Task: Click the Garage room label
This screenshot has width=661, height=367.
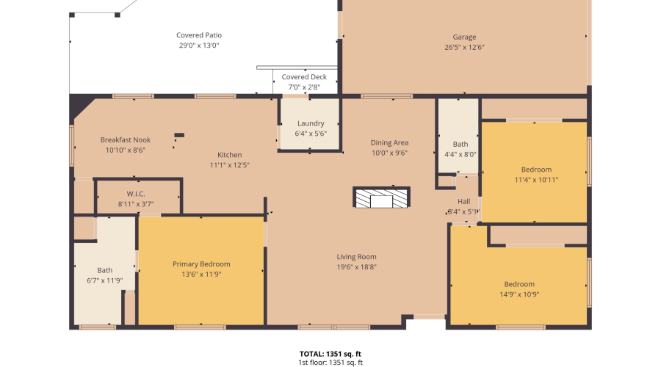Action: point(464,37)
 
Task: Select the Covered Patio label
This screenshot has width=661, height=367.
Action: point(199,35)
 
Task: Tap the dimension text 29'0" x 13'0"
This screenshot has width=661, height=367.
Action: point(199,46)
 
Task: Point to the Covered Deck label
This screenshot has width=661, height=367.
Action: point(304,77)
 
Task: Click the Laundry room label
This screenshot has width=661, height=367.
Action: point(311,123)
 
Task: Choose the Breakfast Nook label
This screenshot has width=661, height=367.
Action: point(126,139)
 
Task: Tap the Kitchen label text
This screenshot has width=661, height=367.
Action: point(229,155)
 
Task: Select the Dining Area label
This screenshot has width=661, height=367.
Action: point(389,143)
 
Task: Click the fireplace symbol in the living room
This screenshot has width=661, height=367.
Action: point(381,197)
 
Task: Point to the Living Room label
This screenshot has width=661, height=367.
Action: point(357,257)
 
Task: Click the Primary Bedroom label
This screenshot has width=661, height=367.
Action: point(201,264)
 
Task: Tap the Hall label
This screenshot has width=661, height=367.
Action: point(463,201)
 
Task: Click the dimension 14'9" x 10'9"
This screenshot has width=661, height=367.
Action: point(519,294)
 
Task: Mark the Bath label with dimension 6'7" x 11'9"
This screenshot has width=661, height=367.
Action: point(105,270)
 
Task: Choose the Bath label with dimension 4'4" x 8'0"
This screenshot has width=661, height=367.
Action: point(460,145)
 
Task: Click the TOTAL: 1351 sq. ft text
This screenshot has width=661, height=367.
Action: point(330,353)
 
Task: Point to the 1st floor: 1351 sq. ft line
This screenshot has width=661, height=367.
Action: point(330,362)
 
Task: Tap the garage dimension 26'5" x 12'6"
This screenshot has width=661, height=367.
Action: point(464,48)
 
